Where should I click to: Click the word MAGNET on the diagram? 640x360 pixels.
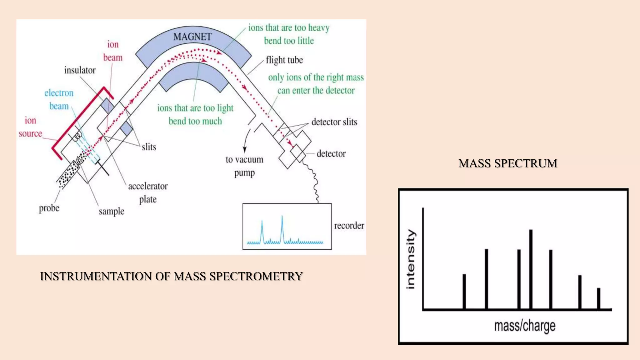point(192,37)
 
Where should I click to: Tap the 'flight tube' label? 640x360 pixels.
point(284,60)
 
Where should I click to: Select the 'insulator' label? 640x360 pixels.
point(80,70)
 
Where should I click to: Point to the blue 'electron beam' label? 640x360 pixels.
point(59,99)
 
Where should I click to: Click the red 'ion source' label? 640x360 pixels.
point(30,127)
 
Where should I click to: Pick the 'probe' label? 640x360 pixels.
point(49,208)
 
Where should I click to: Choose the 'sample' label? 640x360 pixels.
point(112,212)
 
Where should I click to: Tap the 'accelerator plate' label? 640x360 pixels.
point(148,192)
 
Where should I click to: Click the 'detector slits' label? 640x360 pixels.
point(334,122)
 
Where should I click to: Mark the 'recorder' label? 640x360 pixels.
point(349,226)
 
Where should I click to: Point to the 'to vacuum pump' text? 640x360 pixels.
point(244,166)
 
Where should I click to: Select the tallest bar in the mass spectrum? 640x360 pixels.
point(531,269)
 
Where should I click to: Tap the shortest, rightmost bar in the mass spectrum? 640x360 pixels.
point(598,298)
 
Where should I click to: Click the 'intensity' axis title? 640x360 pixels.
point(411,259)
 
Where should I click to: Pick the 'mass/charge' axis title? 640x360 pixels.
point(525,326)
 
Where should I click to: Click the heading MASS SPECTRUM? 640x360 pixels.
point(508,163)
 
